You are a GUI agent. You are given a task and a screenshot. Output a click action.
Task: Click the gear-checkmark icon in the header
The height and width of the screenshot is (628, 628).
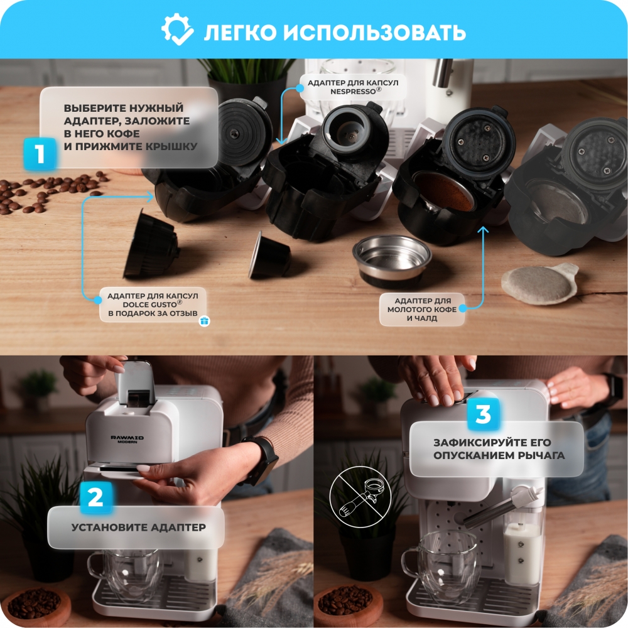[177, 30]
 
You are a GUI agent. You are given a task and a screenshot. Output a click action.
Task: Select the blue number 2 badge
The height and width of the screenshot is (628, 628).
[95, 497]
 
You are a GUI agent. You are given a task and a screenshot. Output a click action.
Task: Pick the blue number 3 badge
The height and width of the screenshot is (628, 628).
[484, 414]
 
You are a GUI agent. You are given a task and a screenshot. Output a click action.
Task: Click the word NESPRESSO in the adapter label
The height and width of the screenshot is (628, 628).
[353, 92]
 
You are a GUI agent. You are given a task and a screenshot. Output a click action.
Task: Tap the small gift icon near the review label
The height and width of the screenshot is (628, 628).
[204, 321]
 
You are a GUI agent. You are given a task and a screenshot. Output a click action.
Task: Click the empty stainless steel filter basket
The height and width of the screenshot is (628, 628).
[392, 261]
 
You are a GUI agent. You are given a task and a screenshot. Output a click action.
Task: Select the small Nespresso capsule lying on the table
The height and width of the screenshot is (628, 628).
[269, 256]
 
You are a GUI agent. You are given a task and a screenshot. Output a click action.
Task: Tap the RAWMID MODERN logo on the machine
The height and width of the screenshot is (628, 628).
[127, 440]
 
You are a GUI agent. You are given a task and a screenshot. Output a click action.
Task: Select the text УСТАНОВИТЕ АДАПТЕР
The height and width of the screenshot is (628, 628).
[139, 527]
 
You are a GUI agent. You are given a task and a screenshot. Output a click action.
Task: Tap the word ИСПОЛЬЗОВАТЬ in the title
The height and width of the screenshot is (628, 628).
[374, 32]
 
